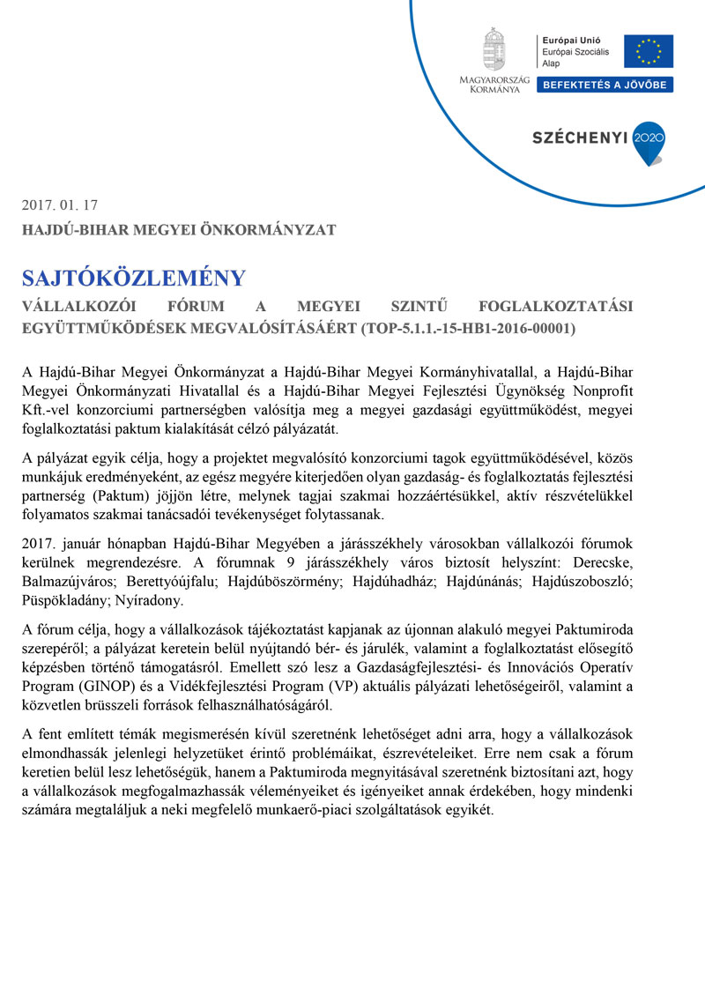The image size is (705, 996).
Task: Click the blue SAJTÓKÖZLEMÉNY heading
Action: pos(134,279)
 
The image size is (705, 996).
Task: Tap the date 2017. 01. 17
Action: pos(60,204)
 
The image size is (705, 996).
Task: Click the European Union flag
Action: pos(649,51)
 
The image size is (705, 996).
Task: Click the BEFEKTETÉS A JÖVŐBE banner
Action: pos(605,85)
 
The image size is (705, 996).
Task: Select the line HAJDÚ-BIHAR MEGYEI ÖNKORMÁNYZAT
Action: pos(180,230)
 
